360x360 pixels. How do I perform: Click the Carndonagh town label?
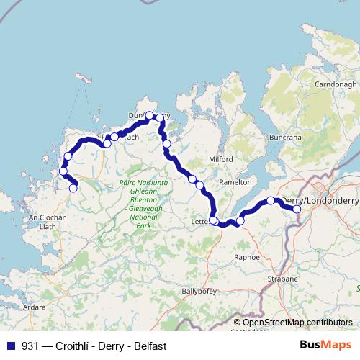click(330, 84)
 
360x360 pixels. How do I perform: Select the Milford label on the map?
click(221, 158)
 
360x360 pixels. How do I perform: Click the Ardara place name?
click(35, 307)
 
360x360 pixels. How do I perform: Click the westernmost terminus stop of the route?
click(73, 189)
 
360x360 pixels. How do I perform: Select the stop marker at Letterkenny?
click(214, 220)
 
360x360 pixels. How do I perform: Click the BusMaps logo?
click(326, 345)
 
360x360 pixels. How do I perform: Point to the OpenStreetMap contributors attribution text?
click(297, 323)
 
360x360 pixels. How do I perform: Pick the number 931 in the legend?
click(30, 346)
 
